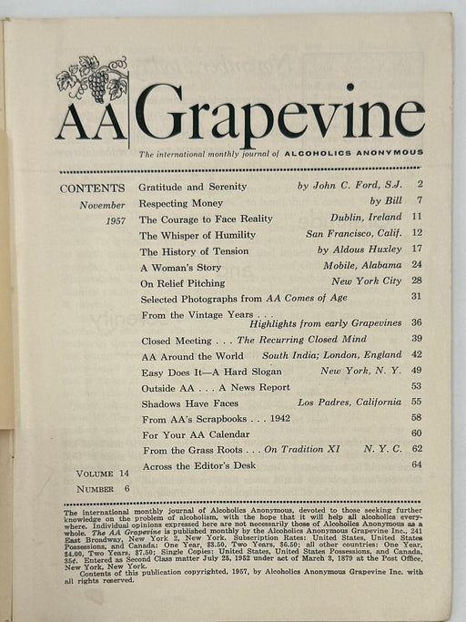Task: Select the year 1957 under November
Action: click(x=115, y=220)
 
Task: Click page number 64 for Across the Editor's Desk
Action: click(x=417, y=465)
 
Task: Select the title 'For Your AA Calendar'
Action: click(x=196, y=433)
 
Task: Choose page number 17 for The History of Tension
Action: click(x=417, y=250)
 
